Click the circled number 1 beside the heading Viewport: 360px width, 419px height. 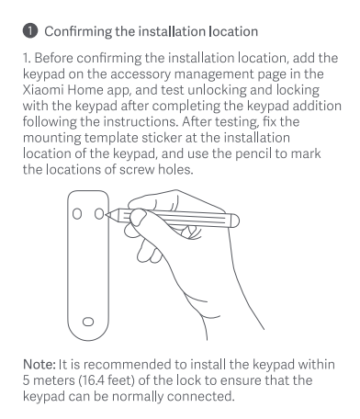click(x=30, y=31)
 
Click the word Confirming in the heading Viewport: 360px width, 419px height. click(x=78, y=32)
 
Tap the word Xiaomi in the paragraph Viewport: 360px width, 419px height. click(x=43, y=90)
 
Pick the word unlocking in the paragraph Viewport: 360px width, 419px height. click(x=217, y=90)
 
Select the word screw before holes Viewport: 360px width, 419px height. click(x=137, y=170)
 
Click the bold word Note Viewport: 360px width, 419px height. click(x=39, y=365)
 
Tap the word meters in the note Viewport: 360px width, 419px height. click(x=53, y=380)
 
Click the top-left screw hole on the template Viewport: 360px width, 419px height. click(x=77, y=214)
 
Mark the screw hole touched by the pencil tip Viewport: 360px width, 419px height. click(x=99, y=214)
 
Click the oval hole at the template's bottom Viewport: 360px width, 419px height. click(x=88, y=322)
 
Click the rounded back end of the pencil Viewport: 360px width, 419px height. click(x=235, y=221)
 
